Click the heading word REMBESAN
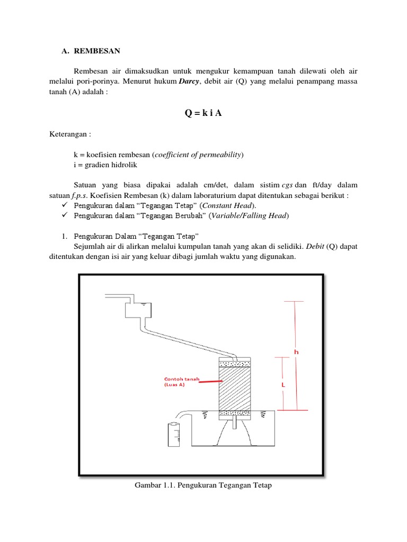pyautogui.click(x=98, y=51)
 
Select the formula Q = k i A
pyautogui.click(x=203, y=113)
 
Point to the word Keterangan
pyautogui.click(x=69, y=134)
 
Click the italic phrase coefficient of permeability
pyautogui.click(x=198, y=155)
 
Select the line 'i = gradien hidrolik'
pyautogui.click(x=105, y=165)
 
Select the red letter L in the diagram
pyautogui.click(x=284, y=386)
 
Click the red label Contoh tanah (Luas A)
pyautogui.click(x=178, y=382)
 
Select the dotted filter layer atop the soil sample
pyautogui.click(x=234, y=363)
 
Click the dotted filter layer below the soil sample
pyautogui.click(x=234, y=413)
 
